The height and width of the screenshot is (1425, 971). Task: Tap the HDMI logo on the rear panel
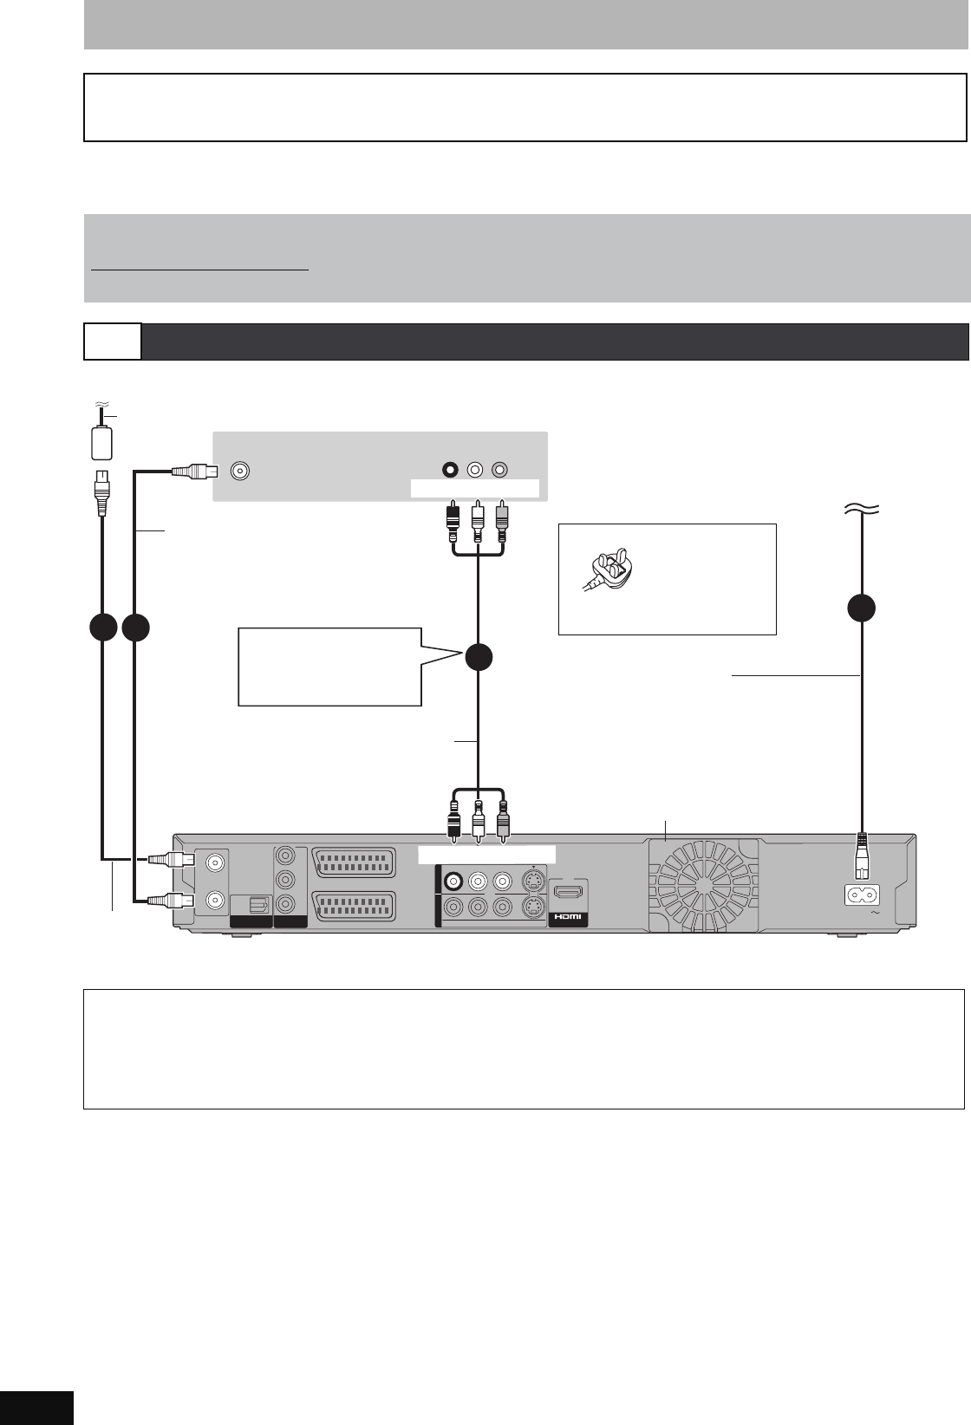point(569,917)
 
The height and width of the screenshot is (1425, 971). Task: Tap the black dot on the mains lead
point(861,608)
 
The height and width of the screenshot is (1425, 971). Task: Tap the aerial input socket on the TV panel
point(240,471)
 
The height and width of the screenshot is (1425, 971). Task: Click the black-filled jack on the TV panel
point(449,470)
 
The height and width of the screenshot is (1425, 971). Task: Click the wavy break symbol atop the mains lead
point(861,511)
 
